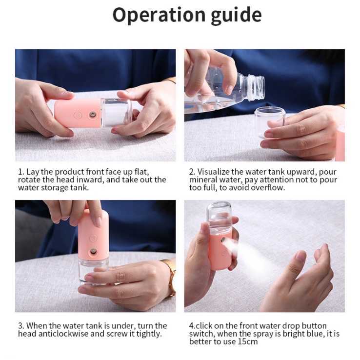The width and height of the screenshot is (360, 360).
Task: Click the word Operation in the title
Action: coord(159,15)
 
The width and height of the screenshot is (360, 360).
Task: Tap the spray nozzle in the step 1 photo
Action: coord(93,114)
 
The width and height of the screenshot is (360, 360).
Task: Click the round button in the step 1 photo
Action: coord(78,115)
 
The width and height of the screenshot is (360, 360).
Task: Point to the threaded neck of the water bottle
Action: coord(256,87)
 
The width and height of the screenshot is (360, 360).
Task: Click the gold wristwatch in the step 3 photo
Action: coord(170,278)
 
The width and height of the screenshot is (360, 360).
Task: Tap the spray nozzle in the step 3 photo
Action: coord(93,251)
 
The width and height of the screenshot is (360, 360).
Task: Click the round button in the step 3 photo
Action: coord(93,238)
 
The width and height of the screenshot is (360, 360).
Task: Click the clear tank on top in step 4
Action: coord(219,217)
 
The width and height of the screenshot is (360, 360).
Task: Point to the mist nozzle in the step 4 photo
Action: coord(223,240)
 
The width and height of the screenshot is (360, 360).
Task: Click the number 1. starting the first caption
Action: coord(21,172)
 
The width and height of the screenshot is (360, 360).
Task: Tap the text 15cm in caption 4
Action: coord(247,341)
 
